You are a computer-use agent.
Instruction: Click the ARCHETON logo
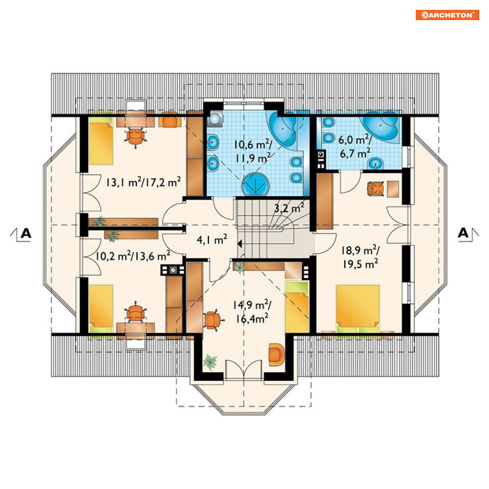click(447, 15)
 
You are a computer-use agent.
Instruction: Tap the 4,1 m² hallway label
click(212, 239)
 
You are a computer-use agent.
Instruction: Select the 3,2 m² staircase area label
click(289, 208)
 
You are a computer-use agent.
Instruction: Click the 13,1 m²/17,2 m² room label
click(143, 182)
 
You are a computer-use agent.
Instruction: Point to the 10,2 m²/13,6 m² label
click(133, 256)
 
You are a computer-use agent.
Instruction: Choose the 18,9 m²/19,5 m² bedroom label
click(360, 258)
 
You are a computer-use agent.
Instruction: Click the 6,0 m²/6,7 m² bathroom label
click(355, 146)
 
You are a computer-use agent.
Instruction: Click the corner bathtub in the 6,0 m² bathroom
click(381, 128)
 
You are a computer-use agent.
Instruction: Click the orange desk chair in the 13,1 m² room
click(135, 137)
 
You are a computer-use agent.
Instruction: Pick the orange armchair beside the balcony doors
click(276, 354)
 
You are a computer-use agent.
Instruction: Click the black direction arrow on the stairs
click(240, 244)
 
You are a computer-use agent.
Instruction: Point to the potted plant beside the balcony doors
click(210, 362)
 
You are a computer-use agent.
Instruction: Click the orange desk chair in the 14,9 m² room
click(212, 320)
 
